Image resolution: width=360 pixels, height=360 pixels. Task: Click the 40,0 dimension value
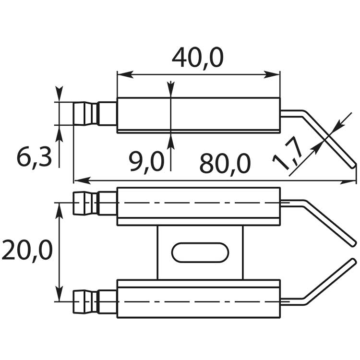pos(198,58)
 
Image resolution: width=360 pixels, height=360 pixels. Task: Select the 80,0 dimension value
pos(225,164)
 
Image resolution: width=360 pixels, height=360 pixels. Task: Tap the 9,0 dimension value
pos(146,161)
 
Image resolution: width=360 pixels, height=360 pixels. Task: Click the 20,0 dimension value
pos(27,250)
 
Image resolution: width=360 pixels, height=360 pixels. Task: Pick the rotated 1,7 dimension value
pos(288,154)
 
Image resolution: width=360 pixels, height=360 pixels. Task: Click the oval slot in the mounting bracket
pos(200,252)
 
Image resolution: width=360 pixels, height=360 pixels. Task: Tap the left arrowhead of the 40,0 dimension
pos(125,74)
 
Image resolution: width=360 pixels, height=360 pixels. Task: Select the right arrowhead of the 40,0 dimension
pos(272,74)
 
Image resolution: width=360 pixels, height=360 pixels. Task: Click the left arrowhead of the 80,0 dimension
pos(82,180)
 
